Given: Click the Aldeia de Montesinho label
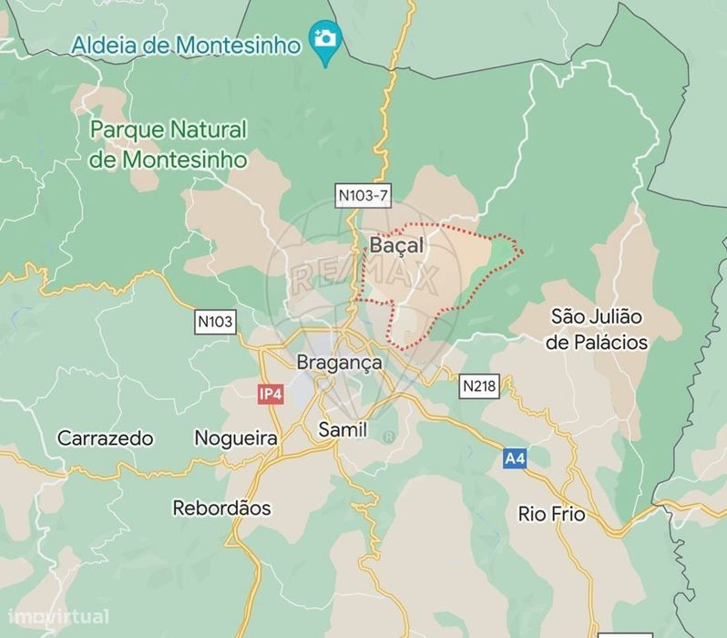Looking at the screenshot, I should pos(186,46).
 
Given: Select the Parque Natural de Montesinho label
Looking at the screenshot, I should pos(169,144).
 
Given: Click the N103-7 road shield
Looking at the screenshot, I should pos(362,194).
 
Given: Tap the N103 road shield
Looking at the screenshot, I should pos(215,321).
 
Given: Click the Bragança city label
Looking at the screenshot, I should pos(340,362).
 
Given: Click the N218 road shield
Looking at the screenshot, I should pos(479,386).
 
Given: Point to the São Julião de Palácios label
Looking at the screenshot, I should pos(598,330).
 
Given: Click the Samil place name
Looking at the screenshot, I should pos(343,429).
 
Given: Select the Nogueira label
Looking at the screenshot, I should pos(236,438).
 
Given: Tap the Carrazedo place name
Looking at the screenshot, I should pos(105,438).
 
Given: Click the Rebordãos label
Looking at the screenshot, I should pos(221,508).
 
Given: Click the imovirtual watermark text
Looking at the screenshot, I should pos(55,617).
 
